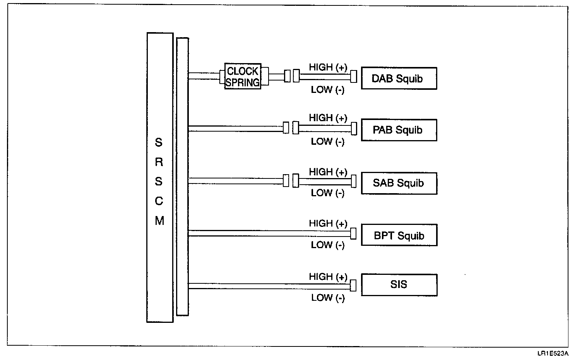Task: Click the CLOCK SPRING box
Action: point(243,76)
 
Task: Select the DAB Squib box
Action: point(399,79)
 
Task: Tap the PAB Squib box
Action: point(399,130)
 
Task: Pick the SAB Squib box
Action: point(399,183)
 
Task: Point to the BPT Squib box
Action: point(399,235)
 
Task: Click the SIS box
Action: point(399,285)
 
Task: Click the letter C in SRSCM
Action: point(159,201)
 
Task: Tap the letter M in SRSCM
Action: point(159,221)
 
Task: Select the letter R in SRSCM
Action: point(159,162)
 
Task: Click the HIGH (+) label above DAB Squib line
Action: point(328,67)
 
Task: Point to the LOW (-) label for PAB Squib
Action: point(327,142)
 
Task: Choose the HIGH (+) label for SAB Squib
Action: point(328,172)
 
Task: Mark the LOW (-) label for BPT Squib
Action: point(327,245)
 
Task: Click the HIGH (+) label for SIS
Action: point(328,277)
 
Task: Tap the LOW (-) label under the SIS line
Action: point(327,298)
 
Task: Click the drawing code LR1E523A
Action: point(552,353)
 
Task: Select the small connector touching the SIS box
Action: point(353,285)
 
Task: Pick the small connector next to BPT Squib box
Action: point(353,233)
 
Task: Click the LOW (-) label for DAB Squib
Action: point(327,90)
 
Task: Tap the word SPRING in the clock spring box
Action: point(243,82)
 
